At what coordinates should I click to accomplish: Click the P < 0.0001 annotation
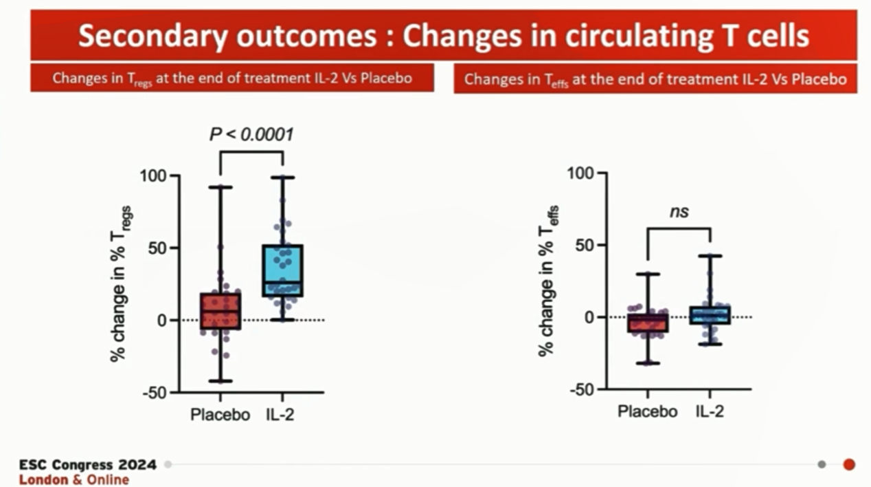coord(251,135)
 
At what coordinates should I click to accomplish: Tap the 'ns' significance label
coord(679,212)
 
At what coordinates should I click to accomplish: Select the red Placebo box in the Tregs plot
coord(220,312)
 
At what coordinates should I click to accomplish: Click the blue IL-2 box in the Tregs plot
coord(283,271)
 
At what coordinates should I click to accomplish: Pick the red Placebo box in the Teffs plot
coord(648,323)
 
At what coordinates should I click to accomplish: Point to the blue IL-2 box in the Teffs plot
coord(710,315)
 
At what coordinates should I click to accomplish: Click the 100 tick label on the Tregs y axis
coord(153,176)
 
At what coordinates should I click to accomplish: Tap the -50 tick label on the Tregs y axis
coord(155,393)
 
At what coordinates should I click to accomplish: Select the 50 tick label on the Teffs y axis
coord(585,246)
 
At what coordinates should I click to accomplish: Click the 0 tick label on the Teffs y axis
coord(589,318)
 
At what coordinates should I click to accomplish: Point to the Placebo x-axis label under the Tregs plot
coord(220,415)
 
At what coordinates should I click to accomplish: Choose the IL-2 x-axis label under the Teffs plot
coord(710,412)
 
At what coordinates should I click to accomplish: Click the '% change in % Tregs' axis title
coord(120,284)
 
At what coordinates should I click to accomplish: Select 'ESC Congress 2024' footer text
coord(88,465)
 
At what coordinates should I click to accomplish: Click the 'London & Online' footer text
coord(74,479)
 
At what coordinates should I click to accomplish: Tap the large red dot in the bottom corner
coord(849,464)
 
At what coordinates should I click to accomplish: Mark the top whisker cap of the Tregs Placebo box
coord(220,187)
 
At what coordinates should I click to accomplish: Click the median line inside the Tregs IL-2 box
coord(283,281)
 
